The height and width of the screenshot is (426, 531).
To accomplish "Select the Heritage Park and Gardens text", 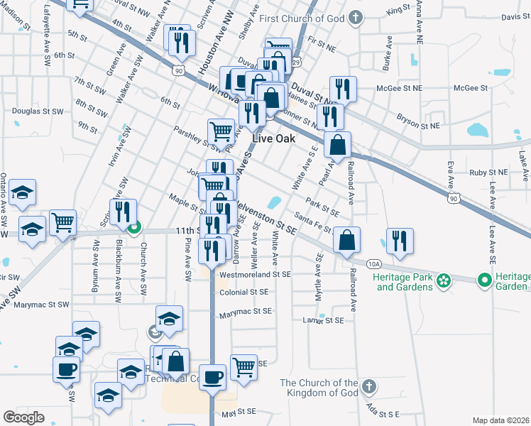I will point(405,282).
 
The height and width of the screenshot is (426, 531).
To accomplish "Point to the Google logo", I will point(24,417).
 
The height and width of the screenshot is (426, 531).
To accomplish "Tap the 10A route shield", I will point(374,263).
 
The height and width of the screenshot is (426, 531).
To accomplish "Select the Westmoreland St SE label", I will point(256,273).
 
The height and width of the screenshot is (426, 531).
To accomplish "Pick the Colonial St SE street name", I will point(243,292).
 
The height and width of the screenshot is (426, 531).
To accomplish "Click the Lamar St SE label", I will point(323,320).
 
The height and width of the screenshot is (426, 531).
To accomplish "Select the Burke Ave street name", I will point(387,55).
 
